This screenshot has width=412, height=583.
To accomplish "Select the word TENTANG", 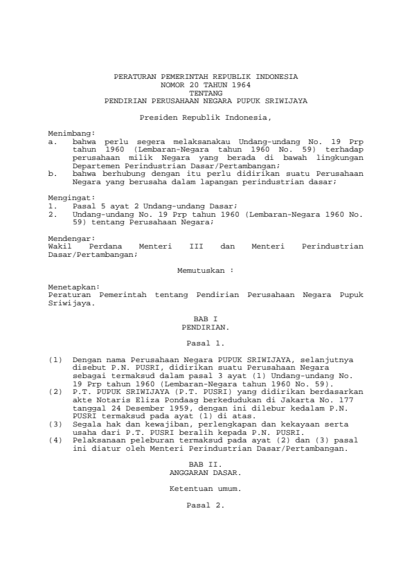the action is (x=206, y=92).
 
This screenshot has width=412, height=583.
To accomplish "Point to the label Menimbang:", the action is (x=71, y=134).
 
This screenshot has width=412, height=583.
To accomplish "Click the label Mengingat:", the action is (x=71, y=197).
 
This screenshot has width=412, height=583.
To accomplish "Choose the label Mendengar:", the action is (x=71, y=238).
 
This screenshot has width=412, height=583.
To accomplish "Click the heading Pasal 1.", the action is (x=206, y=343).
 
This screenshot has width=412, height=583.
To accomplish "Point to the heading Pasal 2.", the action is (x=206, y=505).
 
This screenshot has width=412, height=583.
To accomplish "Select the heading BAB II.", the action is (x=206, y=464).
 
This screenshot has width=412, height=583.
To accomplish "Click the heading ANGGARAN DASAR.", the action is (x=206, y=472).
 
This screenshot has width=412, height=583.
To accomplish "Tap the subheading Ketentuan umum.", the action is (x=206, y=488).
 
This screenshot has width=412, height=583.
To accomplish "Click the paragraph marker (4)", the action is (x=55, y=440).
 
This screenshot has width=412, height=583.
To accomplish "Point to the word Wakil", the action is (x=60, y=246).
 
